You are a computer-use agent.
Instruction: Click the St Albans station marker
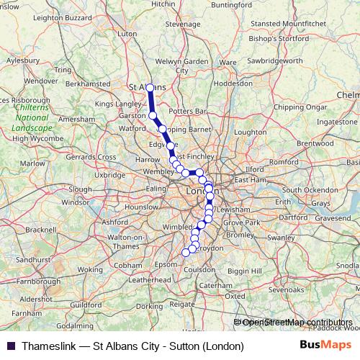[x=150, y=88]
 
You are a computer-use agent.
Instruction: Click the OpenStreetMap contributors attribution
[x=297, y=323]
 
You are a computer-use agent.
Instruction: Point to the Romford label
[x=283, y=162]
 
